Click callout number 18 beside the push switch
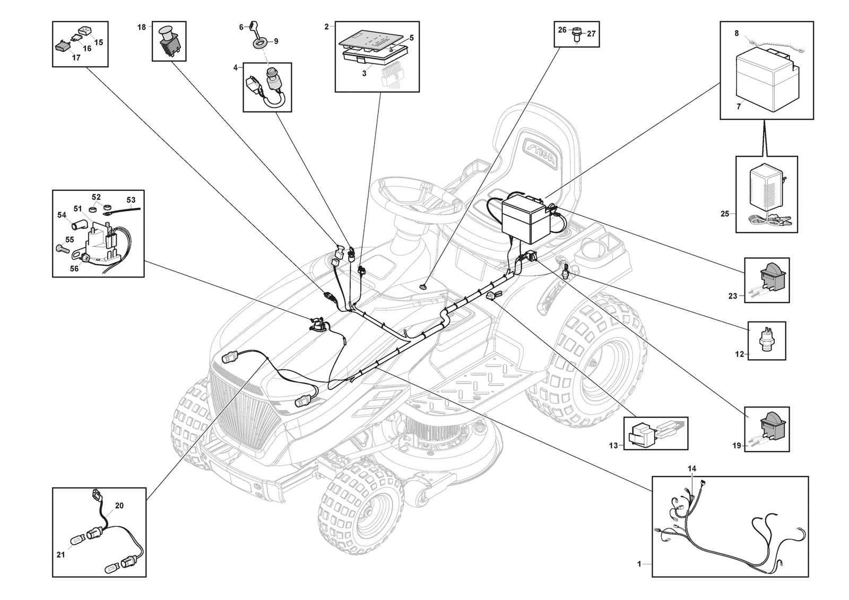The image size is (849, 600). coord(142,27)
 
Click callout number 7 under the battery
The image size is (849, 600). coord(738,107)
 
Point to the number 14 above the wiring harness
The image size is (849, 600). coord(692,468)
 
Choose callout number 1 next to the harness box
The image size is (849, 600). coord(639,564)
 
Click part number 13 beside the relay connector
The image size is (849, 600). coord(613,446)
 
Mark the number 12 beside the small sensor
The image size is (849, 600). coord(740,354)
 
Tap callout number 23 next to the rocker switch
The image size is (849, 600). coord(733,296)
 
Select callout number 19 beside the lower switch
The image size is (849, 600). coord(737,446)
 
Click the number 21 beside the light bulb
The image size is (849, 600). coord(61,555)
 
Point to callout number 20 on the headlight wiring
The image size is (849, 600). coord(119,506)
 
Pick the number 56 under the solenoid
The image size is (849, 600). coord(74,268)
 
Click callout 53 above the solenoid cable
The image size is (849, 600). coord(131,200)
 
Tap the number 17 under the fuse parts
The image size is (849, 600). coord(76,58)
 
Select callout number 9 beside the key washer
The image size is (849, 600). coord(276,41)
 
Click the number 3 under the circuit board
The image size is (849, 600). coord(364,74)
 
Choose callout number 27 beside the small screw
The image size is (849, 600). coord(591,33)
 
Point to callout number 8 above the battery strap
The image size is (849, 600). coord(737,33)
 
